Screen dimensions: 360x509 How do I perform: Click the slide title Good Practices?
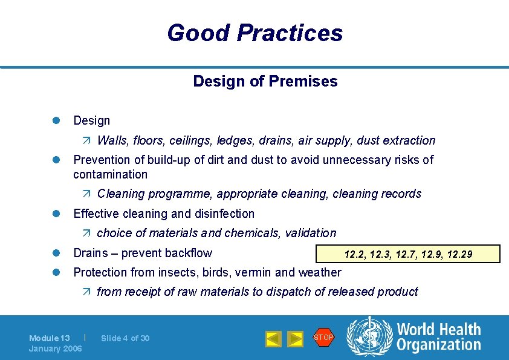click(x=254, y=33)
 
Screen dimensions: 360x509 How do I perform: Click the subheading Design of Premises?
click(x=265, y=81)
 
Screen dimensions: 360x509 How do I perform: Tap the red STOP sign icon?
click(x=323, y=338)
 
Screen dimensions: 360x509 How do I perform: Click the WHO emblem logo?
click(x=369, y=338)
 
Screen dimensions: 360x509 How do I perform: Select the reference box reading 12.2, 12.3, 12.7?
click(x=408, y=254)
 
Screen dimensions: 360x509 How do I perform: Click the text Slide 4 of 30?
click(x=125, y=338)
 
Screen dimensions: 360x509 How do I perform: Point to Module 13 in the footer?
click(x=50, y=338)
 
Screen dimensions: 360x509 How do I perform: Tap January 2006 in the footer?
click(x=56, y=349)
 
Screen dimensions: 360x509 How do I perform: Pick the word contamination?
click(x=110, y=174)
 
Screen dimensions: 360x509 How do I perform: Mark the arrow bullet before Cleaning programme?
click(x=86, y=194)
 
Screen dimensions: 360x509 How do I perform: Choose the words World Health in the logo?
click(x=438, y=330)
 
